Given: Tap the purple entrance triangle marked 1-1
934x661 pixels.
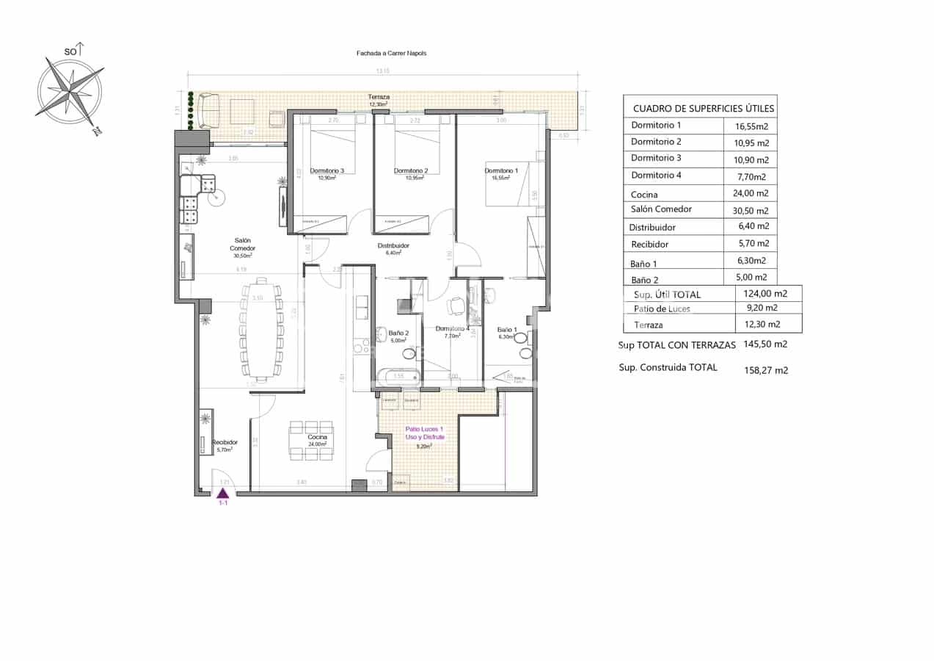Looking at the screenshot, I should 223,493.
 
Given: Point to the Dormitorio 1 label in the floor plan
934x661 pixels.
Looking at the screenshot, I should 501,171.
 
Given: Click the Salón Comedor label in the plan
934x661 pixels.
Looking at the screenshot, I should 243,245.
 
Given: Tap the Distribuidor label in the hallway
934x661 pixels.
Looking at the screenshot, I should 393,245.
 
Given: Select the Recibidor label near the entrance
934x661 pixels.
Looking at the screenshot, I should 225,442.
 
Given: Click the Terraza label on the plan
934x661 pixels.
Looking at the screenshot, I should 379,97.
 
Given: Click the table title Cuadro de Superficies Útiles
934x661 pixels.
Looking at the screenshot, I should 703,109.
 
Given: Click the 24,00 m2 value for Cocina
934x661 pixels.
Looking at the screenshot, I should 751,194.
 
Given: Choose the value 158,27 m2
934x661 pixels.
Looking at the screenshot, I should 765,370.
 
